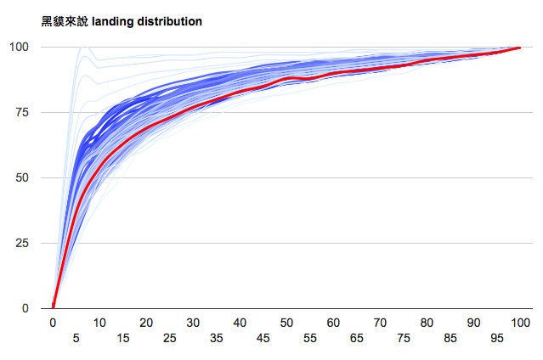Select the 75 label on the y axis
(21, 112)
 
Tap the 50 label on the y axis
(21, 177)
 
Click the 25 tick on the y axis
(21, 243)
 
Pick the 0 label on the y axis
(25, 308)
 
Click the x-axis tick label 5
(76, 339)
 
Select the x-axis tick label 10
(99, 323)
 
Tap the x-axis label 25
(170, 339)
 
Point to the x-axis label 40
(240, 323)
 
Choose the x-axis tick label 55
(310, 339)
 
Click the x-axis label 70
(380, 323)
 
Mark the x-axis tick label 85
(450, 339)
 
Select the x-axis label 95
(497, 339)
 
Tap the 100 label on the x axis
(520, 323)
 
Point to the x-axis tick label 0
(53, 323)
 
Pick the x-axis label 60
(333, 323)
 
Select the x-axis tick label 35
(217, 339)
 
